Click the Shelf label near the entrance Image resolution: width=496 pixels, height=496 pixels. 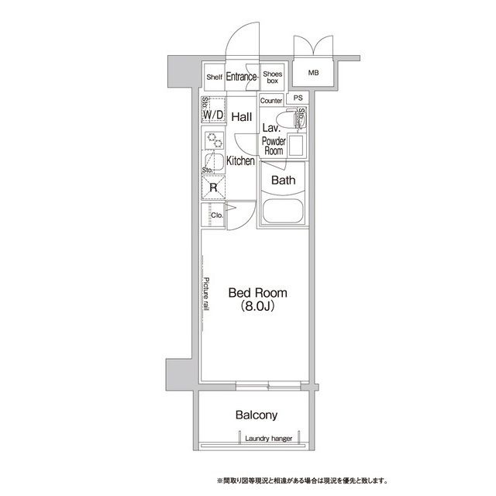point(215,77)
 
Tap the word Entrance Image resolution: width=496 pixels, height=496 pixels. point(241,77)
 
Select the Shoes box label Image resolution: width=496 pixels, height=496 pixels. point(272,76)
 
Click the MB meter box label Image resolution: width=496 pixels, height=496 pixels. point(313,74)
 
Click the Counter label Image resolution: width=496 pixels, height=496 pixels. point(271,101)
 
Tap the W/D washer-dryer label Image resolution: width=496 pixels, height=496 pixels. point(213,115)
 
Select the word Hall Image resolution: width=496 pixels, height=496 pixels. point(241,117)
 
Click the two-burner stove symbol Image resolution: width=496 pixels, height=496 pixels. point(213,139)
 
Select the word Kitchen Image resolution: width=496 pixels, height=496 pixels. point(241,161)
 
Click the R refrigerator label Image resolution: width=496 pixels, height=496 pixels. point(213,187)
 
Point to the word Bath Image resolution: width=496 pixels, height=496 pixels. point(283,181)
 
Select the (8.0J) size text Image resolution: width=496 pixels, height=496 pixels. point(257,308)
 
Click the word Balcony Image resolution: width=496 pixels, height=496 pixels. point(257,415)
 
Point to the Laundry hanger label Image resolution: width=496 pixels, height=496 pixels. point(267,439)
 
